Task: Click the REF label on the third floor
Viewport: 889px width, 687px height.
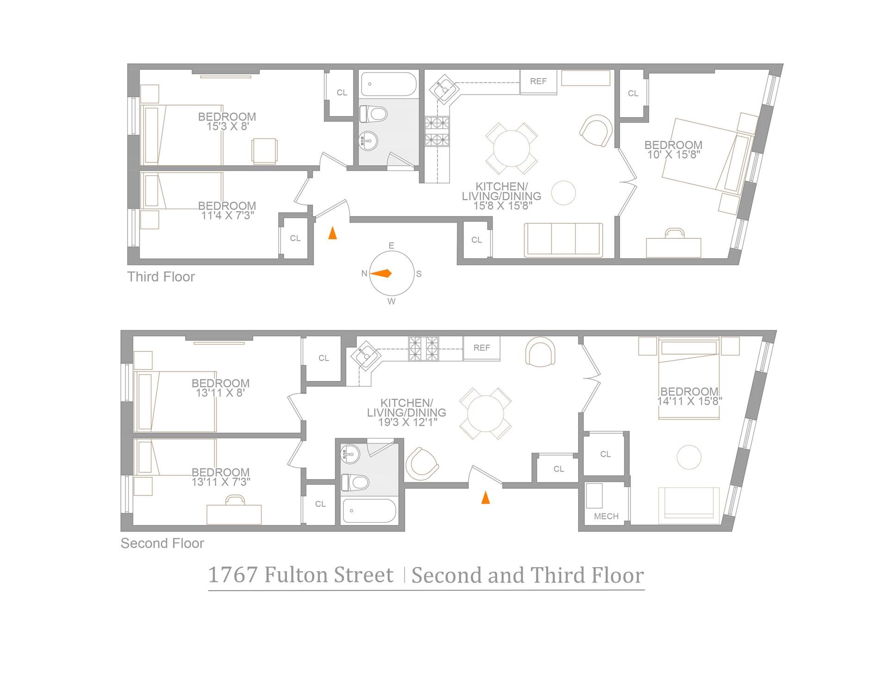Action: (538, 81)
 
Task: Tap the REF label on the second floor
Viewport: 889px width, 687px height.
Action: (482, 348)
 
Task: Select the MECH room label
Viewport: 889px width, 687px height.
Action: (606, 516)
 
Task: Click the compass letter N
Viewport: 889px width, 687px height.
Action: (364, 274)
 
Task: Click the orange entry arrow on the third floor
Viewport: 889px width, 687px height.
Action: (332, 233)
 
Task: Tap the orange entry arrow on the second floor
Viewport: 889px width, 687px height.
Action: (485, 498)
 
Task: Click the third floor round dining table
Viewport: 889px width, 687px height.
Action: (512, 149)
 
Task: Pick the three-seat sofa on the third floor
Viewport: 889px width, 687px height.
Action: (563, 240)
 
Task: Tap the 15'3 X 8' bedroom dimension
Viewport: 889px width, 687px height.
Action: (227, 126)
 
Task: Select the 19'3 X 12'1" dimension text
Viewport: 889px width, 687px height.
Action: (407, 422)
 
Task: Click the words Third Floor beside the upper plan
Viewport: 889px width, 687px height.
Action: (161, 277)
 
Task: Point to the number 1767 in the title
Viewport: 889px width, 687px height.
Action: (233, 575)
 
